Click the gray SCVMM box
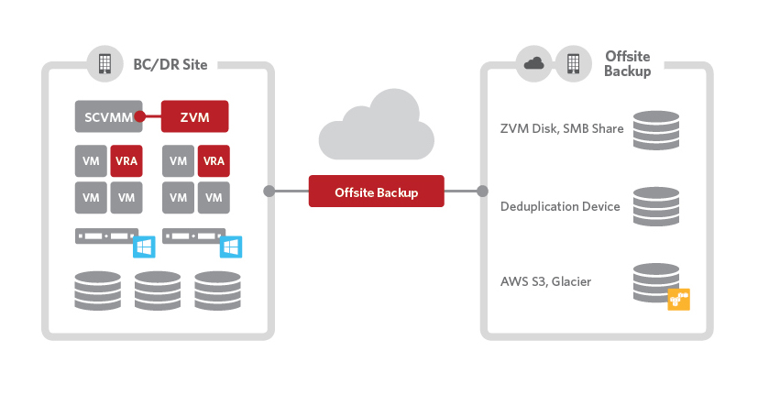(x=108, y=116)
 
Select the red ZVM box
(x=194, y=116)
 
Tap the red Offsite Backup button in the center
(x=376, y=192)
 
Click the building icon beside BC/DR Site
(x=105, y=63)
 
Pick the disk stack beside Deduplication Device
(x=656, y=206)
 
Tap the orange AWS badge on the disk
(x=678, y=299)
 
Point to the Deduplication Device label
(x=560, y=206)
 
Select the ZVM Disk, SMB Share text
(x=562, y=128)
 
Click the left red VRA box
(x=126, y=161)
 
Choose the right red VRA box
(x=214, y=161)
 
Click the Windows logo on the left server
(x=145, y=247)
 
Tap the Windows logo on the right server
(x=231, y=247)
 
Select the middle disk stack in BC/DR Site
(x=158, y=291)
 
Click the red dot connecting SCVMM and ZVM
(x=141, y=116)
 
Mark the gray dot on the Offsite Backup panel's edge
(x=482, y=192)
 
